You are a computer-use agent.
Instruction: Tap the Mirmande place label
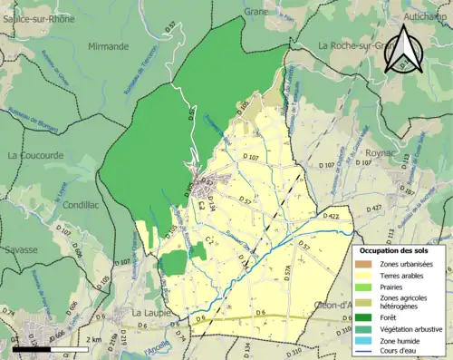[109, 45]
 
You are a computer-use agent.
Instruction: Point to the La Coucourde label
[35, 155]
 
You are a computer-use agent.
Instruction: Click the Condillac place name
[81, 206]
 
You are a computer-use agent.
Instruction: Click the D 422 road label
[330, 217]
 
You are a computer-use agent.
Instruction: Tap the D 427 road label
[371, 209]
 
